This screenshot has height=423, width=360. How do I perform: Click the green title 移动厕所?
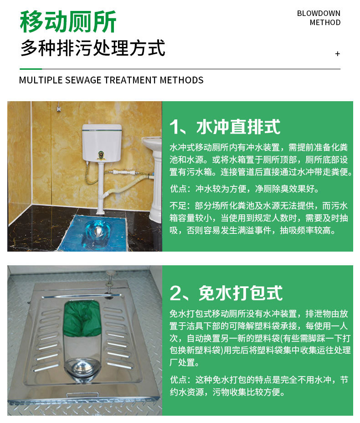(68, 21)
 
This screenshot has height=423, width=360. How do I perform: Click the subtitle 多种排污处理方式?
(93, 48)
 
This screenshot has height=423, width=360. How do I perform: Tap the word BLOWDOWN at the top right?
(319, 13)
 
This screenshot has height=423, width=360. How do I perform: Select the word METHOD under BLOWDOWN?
(325, 22)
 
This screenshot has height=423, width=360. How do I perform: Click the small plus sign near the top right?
(337, 54)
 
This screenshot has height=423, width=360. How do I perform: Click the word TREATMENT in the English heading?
(131, 80)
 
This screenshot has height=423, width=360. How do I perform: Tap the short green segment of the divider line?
(31, 69)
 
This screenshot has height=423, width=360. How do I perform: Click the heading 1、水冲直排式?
(225, 127)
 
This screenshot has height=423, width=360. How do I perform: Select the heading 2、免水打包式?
(226, 293)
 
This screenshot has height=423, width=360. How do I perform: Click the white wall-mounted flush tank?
(102, 143)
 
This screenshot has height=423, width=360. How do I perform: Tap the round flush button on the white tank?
(100, 155)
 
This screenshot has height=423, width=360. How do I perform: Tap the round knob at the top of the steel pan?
(110, 273)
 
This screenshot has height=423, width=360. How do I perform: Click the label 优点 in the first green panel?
(178, 189)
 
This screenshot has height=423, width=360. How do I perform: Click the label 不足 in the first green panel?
(178, 206)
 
